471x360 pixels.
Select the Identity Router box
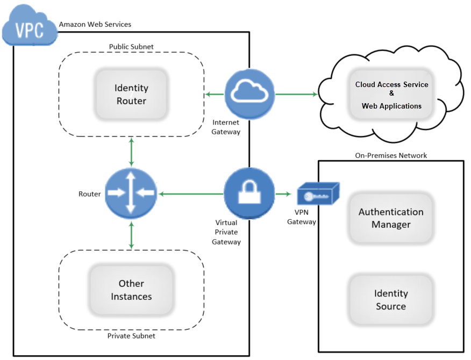coord(131,95)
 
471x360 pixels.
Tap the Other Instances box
coord(131,290)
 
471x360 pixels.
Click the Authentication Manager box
coord(391,218)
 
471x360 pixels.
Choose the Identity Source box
coord(391,300)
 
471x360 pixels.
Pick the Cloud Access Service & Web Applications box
coord(391,95)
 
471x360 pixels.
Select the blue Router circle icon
coord(131,193)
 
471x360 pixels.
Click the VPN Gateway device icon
coord(318,193)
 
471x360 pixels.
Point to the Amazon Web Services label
coord(95,24)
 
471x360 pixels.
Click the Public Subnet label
coord(131,47)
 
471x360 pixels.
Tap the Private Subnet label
coord(131,336)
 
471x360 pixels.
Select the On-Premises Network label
coord(391,155)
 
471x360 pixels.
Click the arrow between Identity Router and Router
coord(131,152)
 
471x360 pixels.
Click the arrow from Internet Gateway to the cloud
coord(296,95)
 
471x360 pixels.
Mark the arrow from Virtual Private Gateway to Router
coord(190,193)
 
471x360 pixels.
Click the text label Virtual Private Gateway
coord(226,232)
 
